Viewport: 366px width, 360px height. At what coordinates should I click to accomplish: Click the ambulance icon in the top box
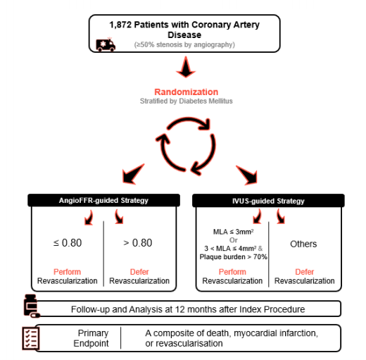106,44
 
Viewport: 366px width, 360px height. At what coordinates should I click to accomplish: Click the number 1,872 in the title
120,25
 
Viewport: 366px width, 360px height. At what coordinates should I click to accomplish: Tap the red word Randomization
187,92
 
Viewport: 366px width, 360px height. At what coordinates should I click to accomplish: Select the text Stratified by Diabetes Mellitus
187,101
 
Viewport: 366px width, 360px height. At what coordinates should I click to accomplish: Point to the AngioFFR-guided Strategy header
103,200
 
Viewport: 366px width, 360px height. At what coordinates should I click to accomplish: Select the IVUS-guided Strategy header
268,201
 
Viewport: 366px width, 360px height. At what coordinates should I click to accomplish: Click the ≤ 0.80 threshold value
68,243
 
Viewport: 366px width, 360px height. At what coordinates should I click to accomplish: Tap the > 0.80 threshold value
138,243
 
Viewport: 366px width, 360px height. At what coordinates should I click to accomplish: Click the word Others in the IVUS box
303,244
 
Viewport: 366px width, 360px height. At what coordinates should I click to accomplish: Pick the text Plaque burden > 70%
233,257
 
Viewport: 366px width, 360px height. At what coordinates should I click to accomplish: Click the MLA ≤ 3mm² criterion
233,232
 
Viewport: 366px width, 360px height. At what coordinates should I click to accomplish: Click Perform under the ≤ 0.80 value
67,272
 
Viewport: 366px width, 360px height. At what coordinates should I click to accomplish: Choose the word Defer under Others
304,272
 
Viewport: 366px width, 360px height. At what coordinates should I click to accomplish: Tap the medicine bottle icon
32,306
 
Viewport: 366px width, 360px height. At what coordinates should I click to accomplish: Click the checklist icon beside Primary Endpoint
31,338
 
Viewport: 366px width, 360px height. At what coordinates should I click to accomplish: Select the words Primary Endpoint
91,338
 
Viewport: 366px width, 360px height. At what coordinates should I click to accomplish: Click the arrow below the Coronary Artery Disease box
186,67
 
